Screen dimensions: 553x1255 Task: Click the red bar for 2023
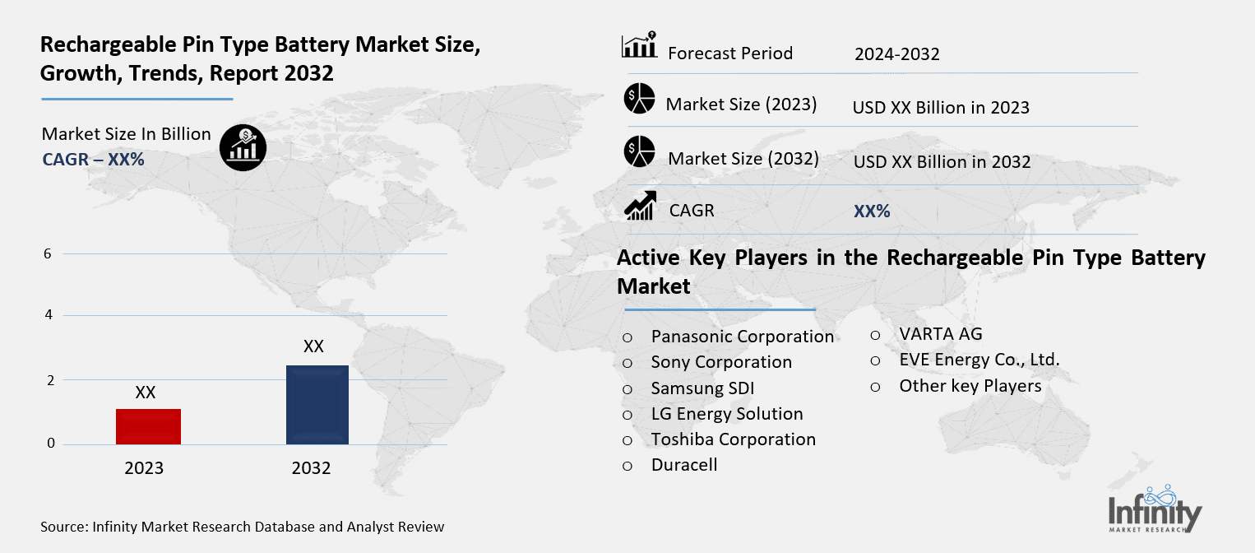(148, 426)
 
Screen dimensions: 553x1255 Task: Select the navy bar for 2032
(317, 405)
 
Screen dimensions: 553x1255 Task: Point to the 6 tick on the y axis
(49, 253)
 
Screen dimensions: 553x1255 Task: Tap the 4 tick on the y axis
(49, 315)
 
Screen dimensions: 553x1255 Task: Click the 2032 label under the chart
(311, 468)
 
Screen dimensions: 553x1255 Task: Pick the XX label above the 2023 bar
(146, 393)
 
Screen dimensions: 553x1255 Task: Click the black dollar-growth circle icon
(243, 148)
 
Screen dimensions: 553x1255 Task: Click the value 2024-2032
(896, 54)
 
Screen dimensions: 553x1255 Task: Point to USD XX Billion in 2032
(942, 162)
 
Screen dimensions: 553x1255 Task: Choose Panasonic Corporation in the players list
(742, 337)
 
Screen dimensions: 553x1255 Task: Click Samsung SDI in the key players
(702, 388)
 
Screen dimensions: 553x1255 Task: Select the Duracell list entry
(684, 465)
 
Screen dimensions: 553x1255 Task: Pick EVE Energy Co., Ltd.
(979, 360)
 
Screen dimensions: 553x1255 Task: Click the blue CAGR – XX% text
(93, 160)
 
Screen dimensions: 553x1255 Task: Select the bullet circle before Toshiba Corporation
(627, 440)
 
